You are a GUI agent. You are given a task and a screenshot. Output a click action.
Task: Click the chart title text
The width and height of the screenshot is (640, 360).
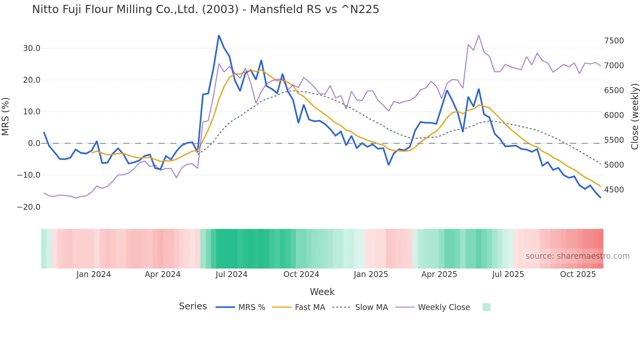click(x=205, y=9)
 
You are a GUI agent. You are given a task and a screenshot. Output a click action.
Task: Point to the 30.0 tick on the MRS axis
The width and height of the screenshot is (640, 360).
click(x=32, y=48)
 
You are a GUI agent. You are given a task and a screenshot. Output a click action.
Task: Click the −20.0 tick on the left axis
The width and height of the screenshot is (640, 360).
click(x=29, y=207)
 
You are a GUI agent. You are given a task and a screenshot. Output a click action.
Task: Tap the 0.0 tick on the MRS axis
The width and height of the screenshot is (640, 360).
click(x=34, y=143)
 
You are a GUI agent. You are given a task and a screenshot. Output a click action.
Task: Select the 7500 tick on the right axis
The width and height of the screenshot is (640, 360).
click(x=614, y=41)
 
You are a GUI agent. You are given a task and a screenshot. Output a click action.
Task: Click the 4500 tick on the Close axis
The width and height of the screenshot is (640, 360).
click(x=614, y=190)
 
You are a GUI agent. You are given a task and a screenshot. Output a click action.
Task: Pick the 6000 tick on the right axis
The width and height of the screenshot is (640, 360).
click(x=614, y=115)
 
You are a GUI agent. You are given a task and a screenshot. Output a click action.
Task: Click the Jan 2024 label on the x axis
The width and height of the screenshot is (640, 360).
click(x=94, y=274)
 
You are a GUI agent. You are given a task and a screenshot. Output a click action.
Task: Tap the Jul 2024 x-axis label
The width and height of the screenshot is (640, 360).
click(x=232, y=274)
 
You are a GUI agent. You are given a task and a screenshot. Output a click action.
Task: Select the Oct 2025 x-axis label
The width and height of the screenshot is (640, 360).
click(x=578, y=274)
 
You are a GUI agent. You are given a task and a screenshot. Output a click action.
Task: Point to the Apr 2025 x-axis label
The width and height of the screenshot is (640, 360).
click(x=439, y=274)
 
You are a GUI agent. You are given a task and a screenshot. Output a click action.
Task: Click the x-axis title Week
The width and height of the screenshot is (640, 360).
click(x=322, y=292)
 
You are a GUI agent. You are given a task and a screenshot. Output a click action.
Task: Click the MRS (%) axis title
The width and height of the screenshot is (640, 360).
click(x=6, y=117)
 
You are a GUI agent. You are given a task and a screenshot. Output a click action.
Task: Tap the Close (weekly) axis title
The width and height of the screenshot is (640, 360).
click(x=634, y=117)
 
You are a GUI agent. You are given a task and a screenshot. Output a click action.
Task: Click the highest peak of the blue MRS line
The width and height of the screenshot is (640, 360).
click(x=219, y=36)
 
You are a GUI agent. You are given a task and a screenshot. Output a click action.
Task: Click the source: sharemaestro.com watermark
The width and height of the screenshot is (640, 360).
click(x=577, y=256)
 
